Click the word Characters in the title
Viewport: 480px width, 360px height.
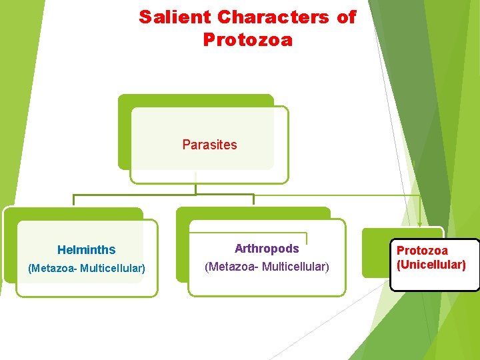point(273,17)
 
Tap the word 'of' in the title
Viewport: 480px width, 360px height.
point(347,17)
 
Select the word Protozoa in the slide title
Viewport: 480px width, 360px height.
point(247,40)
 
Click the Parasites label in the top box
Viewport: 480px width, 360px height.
point(209,145)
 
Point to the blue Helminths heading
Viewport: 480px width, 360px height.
point(86,250)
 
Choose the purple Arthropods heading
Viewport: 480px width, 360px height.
point(267,249)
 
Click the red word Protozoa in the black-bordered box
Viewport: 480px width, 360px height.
point(422,251)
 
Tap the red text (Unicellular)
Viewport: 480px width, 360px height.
point(431,265)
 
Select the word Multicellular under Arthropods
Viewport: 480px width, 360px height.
point(295,267)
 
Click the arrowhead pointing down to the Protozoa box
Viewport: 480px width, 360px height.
point(419,224)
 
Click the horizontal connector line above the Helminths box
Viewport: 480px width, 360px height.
point(133,195)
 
